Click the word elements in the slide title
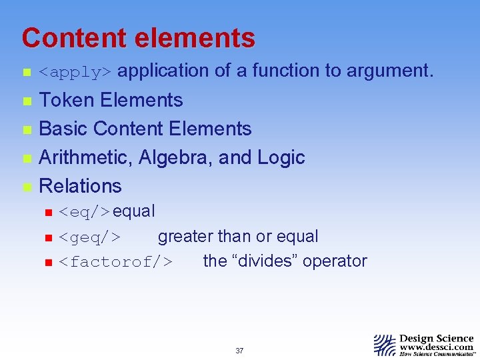[195, 39]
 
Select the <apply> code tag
[77, 72]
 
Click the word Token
[67, 100]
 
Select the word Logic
[281, 157]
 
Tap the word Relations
[81, 186]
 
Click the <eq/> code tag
[85, 213]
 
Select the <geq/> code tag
[89, 237]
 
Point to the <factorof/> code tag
[115, 262]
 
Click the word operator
[335, 261]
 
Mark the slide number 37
[239, 351]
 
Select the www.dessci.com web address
[437, 347]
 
